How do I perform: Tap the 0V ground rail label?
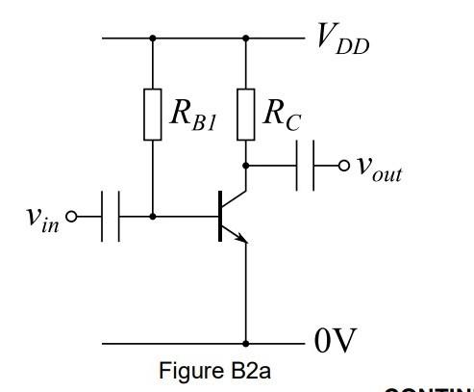(336, 341)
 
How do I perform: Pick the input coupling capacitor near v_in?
(110, 217)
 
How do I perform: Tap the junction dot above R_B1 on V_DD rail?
(152, 39)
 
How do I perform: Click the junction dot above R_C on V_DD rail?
(246, 39)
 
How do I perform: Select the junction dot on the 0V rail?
(246, 342)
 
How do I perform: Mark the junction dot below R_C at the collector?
(246, 165)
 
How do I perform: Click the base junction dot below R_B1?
(152, 217)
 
